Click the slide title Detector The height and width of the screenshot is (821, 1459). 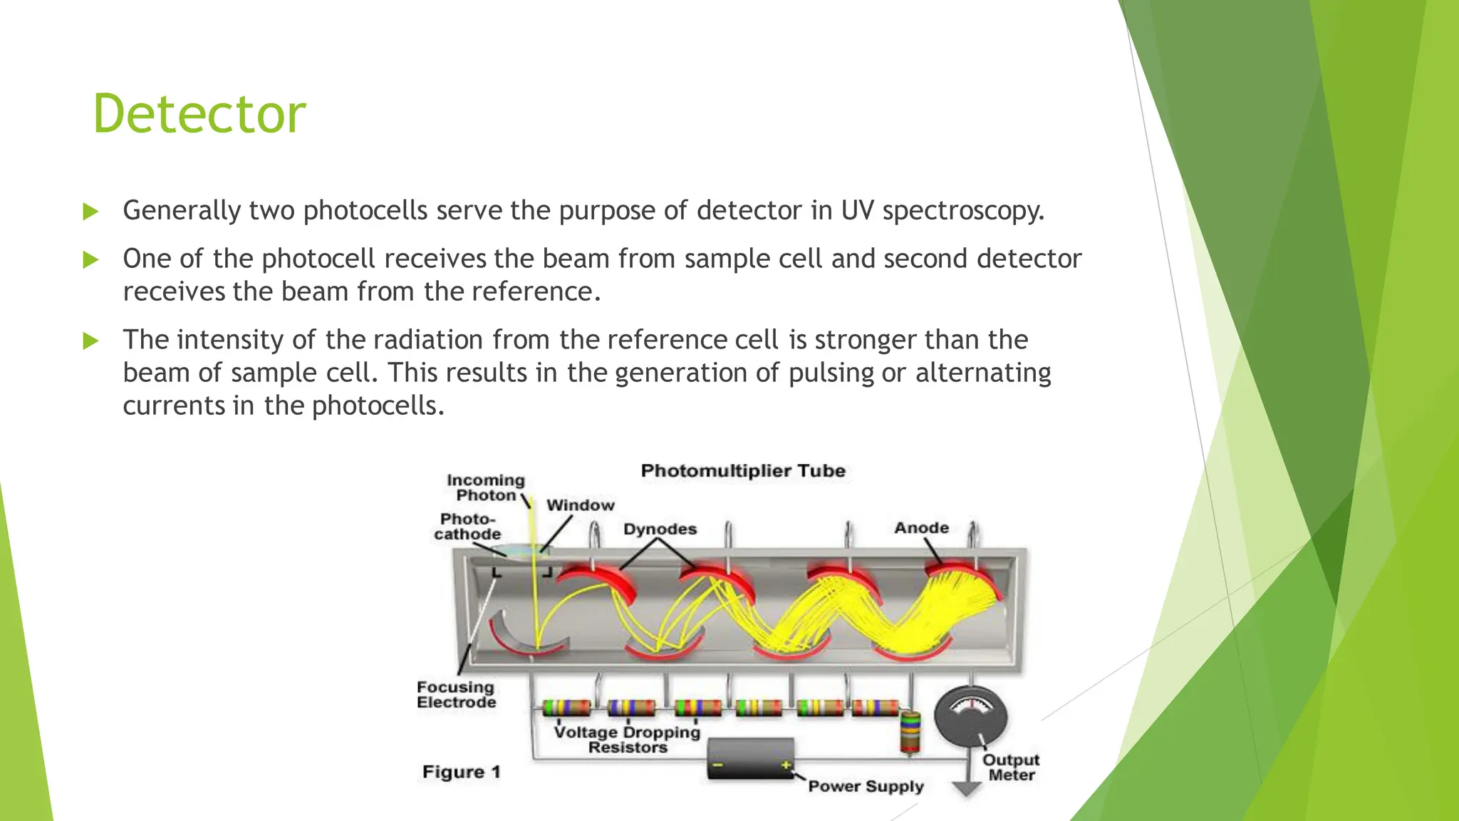click(199, 114)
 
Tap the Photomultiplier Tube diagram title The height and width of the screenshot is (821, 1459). click(743, 471)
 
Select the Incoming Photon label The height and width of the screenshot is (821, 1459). click(485, 488)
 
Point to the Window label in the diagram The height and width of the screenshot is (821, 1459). click(580, 505)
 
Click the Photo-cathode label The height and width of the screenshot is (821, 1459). click(467, 527)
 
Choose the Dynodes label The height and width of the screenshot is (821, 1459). click(660, 529)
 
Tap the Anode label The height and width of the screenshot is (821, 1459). click(921, 528)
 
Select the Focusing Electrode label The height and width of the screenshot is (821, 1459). click(456, 695)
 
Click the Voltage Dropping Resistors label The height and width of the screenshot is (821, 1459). click(627, 740)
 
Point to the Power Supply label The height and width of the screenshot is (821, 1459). click(866, 787)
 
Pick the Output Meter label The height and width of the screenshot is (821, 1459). click(1011, 768)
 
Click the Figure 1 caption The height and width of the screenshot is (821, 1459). click(462, 773)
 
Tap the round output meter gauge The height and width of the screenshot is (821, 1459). click(970, 716)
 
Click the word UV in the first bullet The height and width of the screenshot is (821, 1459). click(858, 211)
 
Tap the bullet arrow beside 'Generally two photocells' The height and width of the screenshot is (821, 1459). click(90, 212)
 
